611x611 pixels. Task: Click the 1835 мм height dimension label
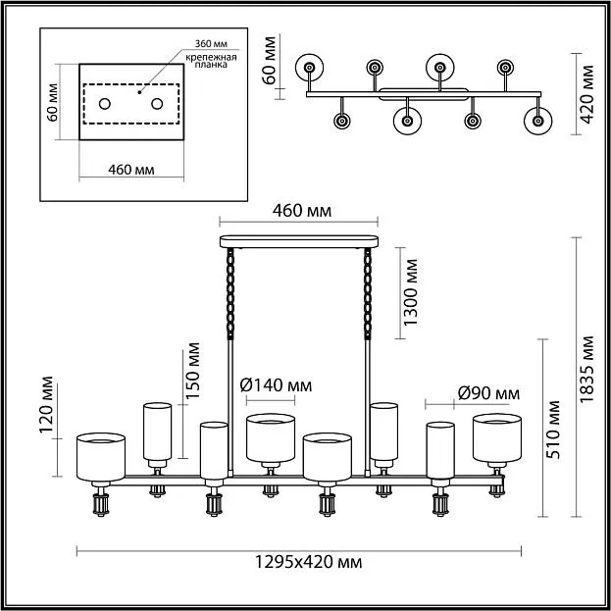click(586, 369)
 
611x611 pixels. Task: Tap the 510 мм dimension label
click(552, 430)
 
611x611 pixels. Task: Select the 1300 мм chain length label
click(411, 292)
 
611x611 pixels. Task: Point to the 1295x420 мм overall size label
click(308, 562)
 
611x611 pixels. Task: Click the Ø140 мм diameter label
click(276, 385)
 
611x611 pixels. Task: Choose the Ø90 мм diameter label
click(488, 393)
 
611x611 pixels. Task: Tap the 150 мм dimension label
click(192, 371)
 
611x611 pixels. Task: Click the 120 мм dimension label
click(46, 404)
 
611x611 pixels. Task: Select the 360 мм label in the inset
click(211, 43)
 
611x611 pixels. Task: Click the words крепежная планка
click(211, 61)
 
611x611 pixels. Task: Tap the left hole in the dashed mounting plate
click(104, 104)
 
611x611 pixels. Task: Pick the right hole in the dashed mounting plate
click(157, 104)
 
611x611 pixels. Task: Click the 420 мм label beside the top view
click(586, 94)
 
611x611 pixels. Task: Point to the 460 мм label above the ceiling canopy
click(302, 211)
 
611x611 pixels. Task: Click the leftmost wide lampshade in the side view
click(101, 457)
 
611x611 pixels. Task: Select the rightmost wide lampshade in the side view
click(497, 438)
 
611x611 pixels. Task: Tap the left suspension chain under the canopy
click(230, 293)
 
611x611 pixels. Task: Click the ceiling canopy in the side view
click(299, 241)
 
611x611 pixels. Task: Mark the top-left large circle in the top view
click(309, 68)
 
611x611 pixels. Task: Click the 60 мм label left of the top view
click(269, 61)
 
